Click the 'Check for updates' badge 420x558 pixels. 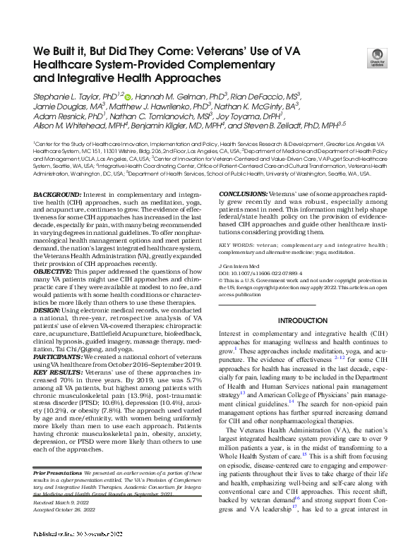385,62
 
